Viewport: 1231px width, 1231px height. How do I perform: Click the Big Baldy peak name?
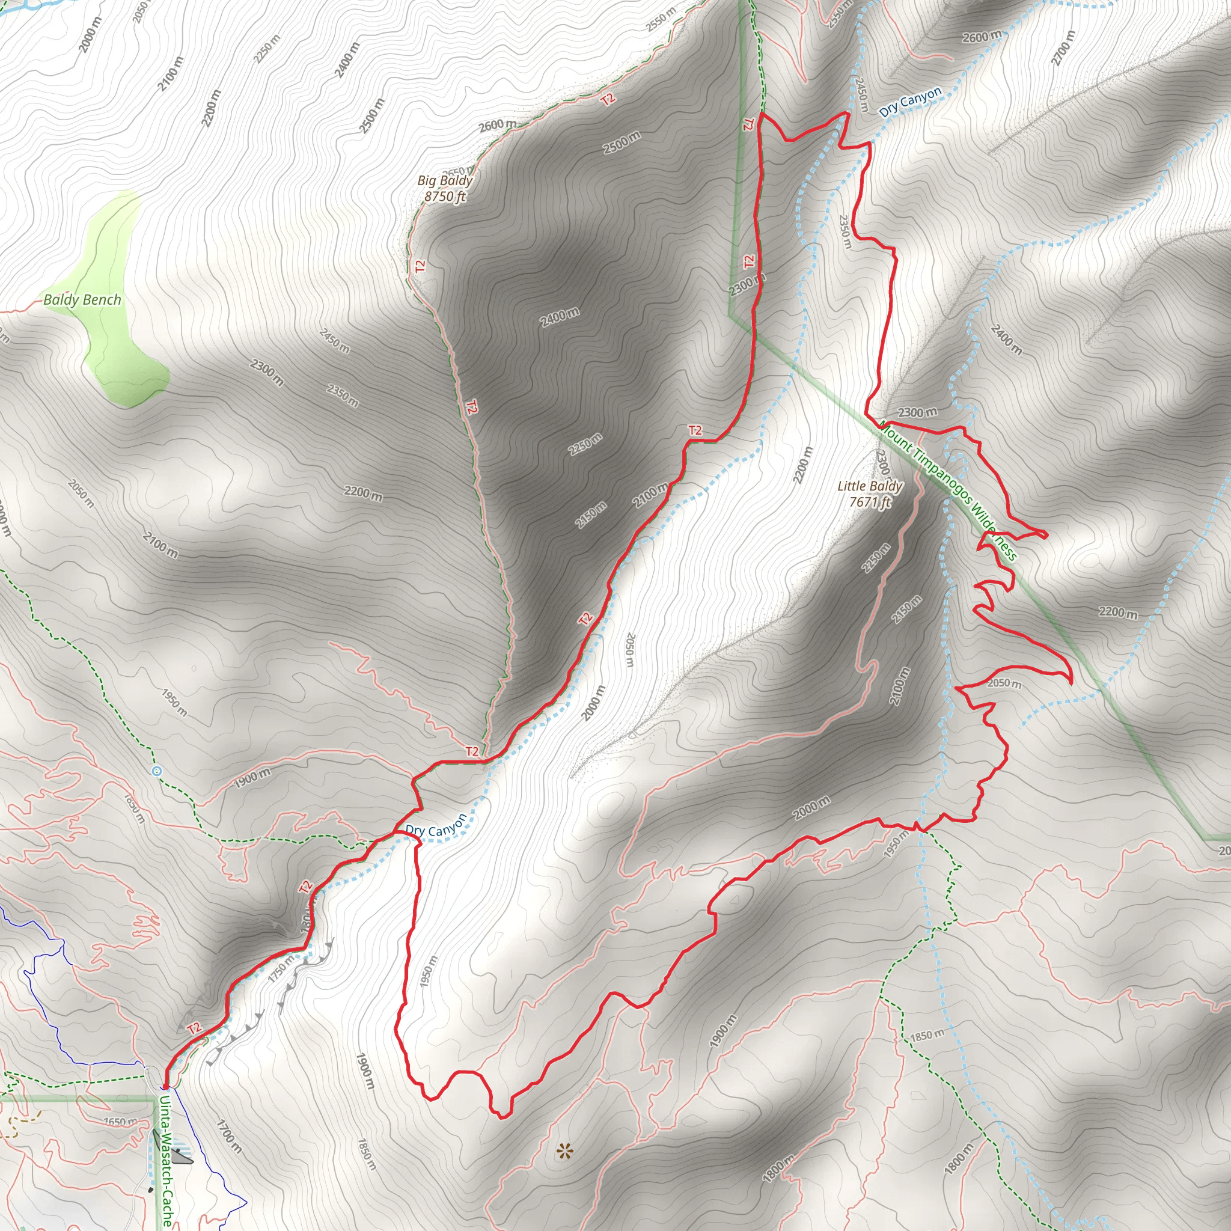coord(445,181)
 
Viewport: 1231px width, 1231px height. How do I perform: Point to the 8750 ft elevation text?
coord(445,197)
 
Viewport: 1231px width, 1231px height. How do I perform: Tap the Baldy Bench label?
coord(82,299)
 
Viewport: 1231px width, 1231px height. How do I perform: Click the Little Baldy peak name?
coord(870,486)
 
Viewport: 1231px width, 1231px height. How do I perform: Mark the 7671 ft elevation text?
coord(870,502)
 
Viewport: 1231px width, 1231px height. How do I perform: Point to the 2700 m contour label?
coord(1063,49)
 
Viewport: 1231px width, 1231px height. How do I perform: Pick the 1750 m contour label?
coord(281,968)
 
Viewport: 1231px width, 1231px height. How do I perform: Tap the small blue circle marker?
coord(157,772)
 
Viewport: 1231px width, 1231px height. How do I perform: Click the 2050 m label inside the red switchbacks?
coord(1004,683)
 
